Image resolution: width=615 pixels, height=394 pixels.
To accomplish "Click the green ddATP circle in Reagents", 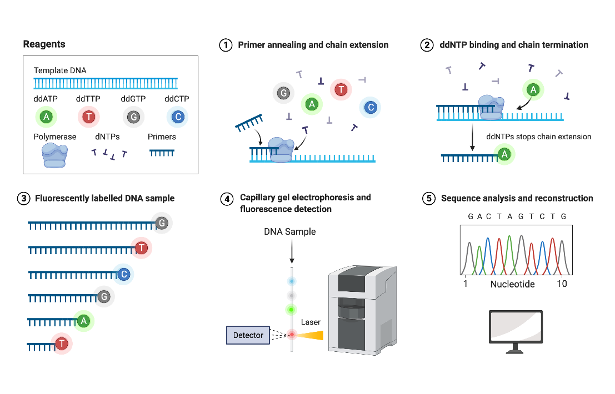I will [x=47, y=117].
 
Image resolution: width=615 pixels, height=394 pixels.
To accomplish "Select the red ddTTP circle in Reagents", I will [x=88, y=117].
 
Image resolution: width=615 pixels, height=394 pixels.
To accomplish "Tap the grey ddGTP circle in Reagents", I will [x=133, y=117].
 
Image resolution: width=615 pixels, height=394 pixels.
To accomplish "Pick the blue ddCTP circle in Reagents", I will [x=177, y=117].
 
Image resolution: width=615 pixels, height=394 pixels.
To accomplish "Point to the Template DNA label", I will [x=60, y=70].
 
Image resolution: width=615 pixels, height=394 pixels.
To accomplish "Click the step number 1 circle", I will [x=226, y=46].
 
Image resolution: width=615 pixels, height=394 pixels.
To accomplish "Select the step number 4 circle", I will [x=226, y=199].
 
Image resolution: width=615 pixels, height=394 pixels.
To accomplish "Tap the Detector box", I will [x=248, y=335].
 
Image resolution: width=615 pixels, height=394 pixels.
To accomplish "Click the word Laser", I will [x=311, y=322].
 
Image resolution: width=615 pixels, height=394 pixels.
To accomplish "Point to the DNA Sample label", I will [x=289, y=231].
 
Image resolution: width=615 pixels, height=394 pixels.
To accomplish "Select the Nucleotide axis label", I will [x=512, y=284].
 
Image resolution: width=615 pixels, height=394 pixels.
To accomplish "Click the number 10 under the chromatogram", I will [x=562, y=284].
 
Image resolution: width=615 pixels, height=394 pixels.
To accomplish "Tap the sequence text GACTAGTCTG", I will [x=517, y=216].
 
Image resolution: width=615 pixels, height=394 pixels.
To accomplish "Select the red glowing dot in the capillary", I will [x=291, y=334].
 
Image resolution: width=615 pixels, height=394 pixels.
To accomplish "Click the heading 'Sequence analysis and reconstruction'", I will [x=517, y=198].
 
